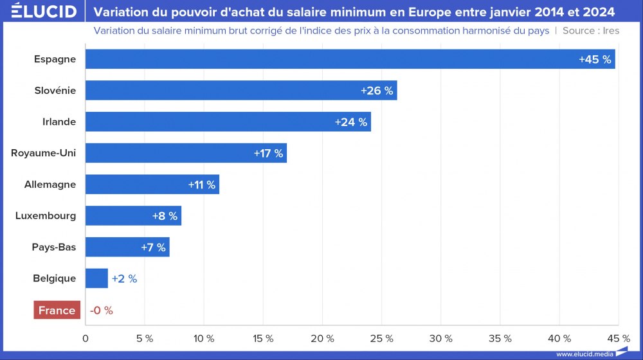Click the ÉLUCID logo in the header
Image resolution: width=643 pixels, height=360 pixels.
point(44,12)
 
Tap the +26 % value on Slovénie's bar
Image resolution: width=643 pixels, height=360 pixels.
point(377,91)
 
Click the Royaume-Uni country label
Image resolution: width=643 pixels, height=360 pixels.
point(44,153)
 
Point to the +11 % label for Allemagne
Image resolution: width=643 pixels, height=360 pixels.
point(202,184)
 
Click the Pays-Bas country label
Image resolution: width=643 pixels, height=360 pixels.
point(54,247)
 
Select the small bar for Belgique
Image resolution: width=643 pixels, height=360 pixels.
point(96,278)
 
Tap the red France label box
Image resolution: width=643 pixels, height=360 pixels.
point(57,310)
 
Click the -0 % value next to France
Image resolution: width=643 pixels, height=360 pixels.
point(101,310)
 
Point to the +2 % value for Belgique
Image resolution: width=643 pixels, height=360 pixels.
point(124,279)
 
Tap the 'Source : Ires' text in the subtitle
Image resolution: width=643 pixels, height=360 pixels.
point(591,31)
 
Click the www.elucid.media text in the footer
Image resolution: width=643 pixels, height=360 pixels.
point(584,354)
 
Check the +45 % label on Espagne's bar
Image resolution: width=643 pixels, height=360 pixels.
point(595,59)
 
